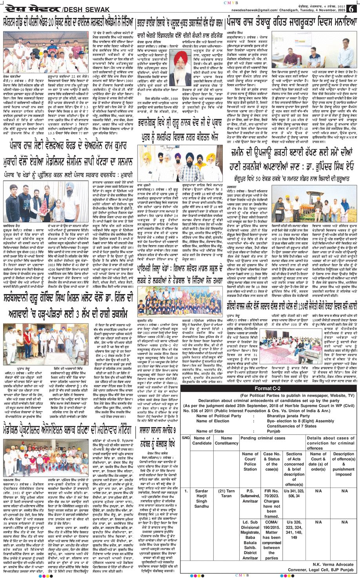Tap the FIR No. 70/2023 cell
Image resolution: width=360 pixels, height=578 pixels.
271,500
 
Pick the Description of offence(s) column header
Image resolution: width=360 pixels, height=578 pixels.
343,464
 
